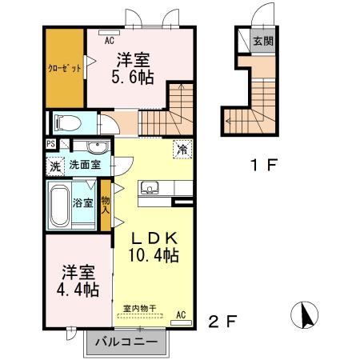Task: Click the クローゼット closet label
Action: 64,68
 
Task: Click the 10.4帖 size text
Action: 152,255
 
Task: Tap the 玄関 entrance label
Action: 262,41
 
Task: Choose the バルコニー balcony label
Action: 127,343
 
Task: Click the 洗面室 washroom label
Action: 84,166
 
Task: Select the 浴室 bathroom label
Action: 82,203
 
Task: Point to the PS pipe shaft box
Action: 50,144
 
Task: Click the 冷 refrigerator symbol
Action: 182,148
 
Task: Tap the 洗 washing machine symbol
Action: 54,166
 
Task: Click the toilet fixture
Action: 67,123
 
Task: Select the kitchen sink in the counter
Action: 149,189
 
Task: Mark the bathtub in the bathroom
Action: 58,206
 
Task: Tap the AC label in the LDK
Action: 181,314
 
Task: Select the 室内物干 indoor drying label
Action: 139,308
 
